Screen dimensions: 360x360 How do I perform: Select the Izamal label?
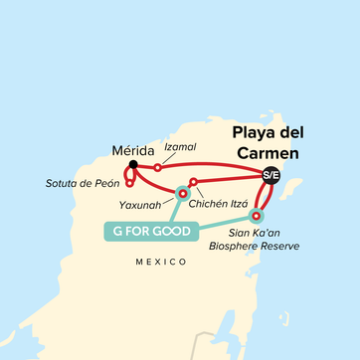180,147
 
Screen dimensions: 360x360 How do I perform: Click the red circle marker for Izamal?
158,167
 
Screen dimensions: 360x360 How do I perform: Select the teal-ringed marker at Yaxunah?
182,193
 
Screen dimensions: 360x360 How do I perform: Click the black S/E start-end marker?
270,174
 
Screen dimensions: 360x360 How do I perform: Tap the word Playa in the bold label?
256,131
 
